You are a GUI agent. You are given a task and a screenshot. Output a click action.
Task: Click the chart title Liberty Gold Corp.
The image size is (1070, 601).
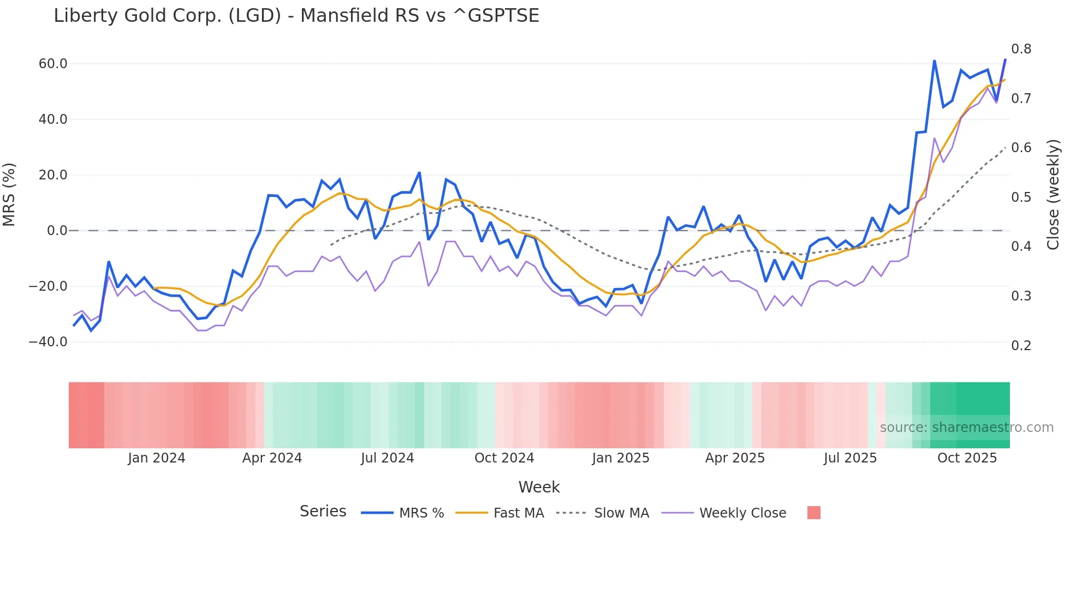click(x=296, y=16)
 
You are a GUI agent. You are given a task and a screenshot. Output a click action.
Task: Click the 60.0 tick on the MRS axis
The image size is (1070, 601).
click(x=53, y=64)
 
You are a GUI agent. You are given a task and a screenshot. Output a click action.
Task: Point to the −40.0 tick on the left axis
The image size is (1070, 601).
click(x=48, y=342)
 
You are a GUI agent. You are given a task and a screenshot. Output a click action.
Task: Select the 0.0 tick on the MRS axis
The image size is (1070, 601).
click(x=57, y=231)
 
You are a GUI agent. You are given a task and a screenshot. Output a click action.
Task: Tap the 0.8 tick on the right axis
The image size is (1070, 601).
click(x=1021, y=49)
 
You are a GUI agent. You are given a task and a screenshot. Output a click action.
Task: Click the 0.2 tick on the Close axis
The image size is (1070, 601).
click(x=1021, y=345)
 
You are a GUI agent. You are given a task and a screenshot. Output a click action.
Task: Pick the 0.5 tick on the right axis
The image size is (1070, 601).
click(x=1021, y=197)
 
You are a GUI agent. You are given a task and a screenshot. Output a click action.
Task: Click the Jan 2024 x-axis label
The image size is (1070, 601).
click(x=157, y=458)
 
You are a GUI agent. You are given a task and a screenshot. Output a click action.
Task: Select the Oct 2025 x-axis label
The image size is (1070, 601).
click(x=967, y=458)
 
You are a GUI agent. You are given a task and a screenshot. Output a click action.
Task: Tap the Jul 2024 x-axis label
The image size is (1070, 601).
click(x=387, y=458)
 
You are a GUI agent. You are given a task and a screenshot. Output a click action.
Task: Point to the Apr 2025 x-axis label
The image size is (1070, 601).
click(x=735, y=458)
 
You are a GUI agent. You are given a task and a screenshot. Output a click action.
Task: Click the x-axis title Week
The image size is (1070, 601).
click(x=539, y=487)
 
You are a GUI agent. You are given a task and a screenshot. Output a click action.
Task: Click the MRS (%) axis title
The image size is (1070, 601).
click(x=9, y=194)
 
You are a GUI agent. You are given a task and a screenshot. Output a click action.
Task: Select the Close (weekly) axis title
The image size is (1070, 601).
click(x=1053, y=194)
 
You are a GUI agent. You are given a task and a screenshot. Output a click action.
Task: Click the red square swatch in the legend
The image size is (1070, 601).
click(x=813, y=513)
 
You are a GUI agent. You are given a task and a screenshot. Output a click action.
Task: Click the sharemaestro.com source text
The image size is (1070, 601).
click(x=966, y=428)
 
